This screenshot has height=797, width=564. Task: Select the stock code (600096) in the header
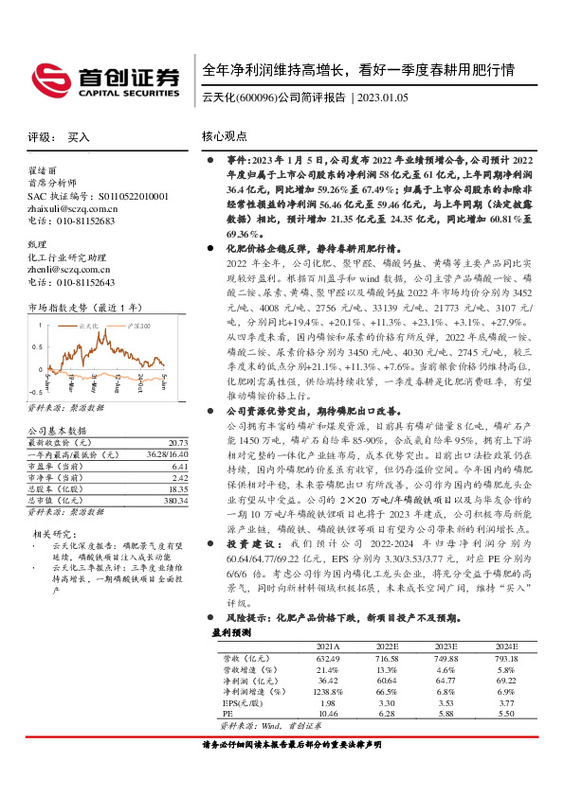tap(254, 97)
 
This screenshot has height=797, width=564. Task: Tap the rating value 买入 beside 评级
tap(79, 137)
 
